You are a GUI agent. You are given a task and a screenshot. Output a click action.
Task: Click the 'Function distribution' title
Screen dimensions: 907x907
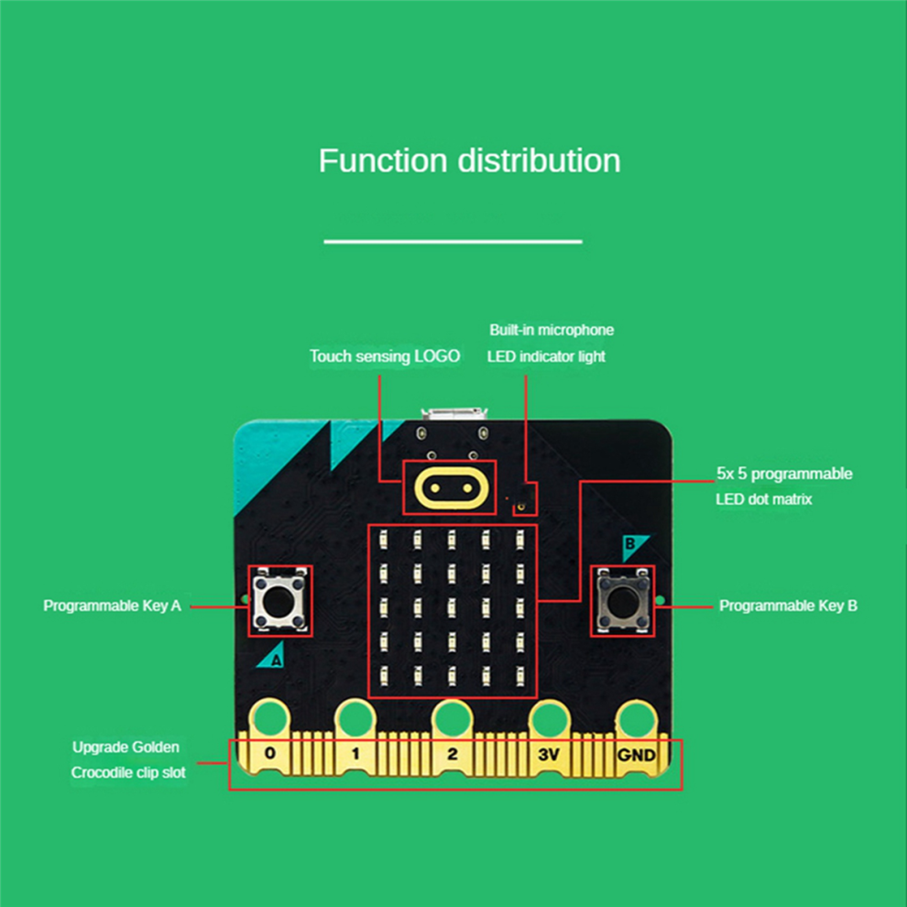point(469,160)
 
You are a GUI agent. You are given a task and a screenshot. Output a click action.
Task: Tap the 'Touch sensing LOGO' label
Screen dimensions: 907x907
point(385,356)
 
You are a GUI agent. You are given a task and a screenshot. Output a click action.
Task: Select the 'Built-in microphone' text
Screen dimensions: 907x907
point(552,330)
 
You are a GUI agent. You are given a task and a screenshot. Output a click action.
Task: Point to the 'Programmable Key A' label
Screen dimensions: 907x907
point(113,606)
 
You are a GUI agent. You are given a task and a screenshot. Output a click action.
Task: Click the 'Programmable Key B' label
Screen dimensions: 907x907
point(788,606)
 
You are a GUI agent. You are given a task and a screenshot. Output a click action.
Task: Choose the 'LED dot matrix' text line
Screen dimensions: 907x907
point(763,499)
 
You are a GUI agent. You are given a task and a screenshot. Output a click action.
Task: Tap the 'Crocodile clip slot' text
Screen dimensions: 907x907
point(128,772)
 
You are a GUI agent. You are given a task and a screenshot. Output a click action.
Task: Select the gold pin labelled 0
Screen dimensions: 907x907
point(269,754)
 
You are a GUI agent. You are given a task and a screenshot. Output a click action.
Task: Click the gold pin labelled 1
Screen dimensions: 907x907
point(355,754)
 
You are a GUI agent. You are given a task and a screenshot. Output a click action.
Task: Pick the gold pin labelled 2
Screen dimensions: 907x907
point(452,754)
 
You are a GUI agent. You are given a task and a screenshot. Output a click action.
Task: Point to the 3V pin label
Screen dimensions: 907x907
point(549,755)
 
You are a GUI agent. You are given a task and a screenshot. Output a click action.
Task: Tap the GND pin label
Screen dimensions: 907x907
point(637,755)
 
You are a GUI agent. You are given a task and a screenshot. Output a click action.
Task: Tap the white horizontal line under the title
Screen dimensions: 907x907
point(453,242)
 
